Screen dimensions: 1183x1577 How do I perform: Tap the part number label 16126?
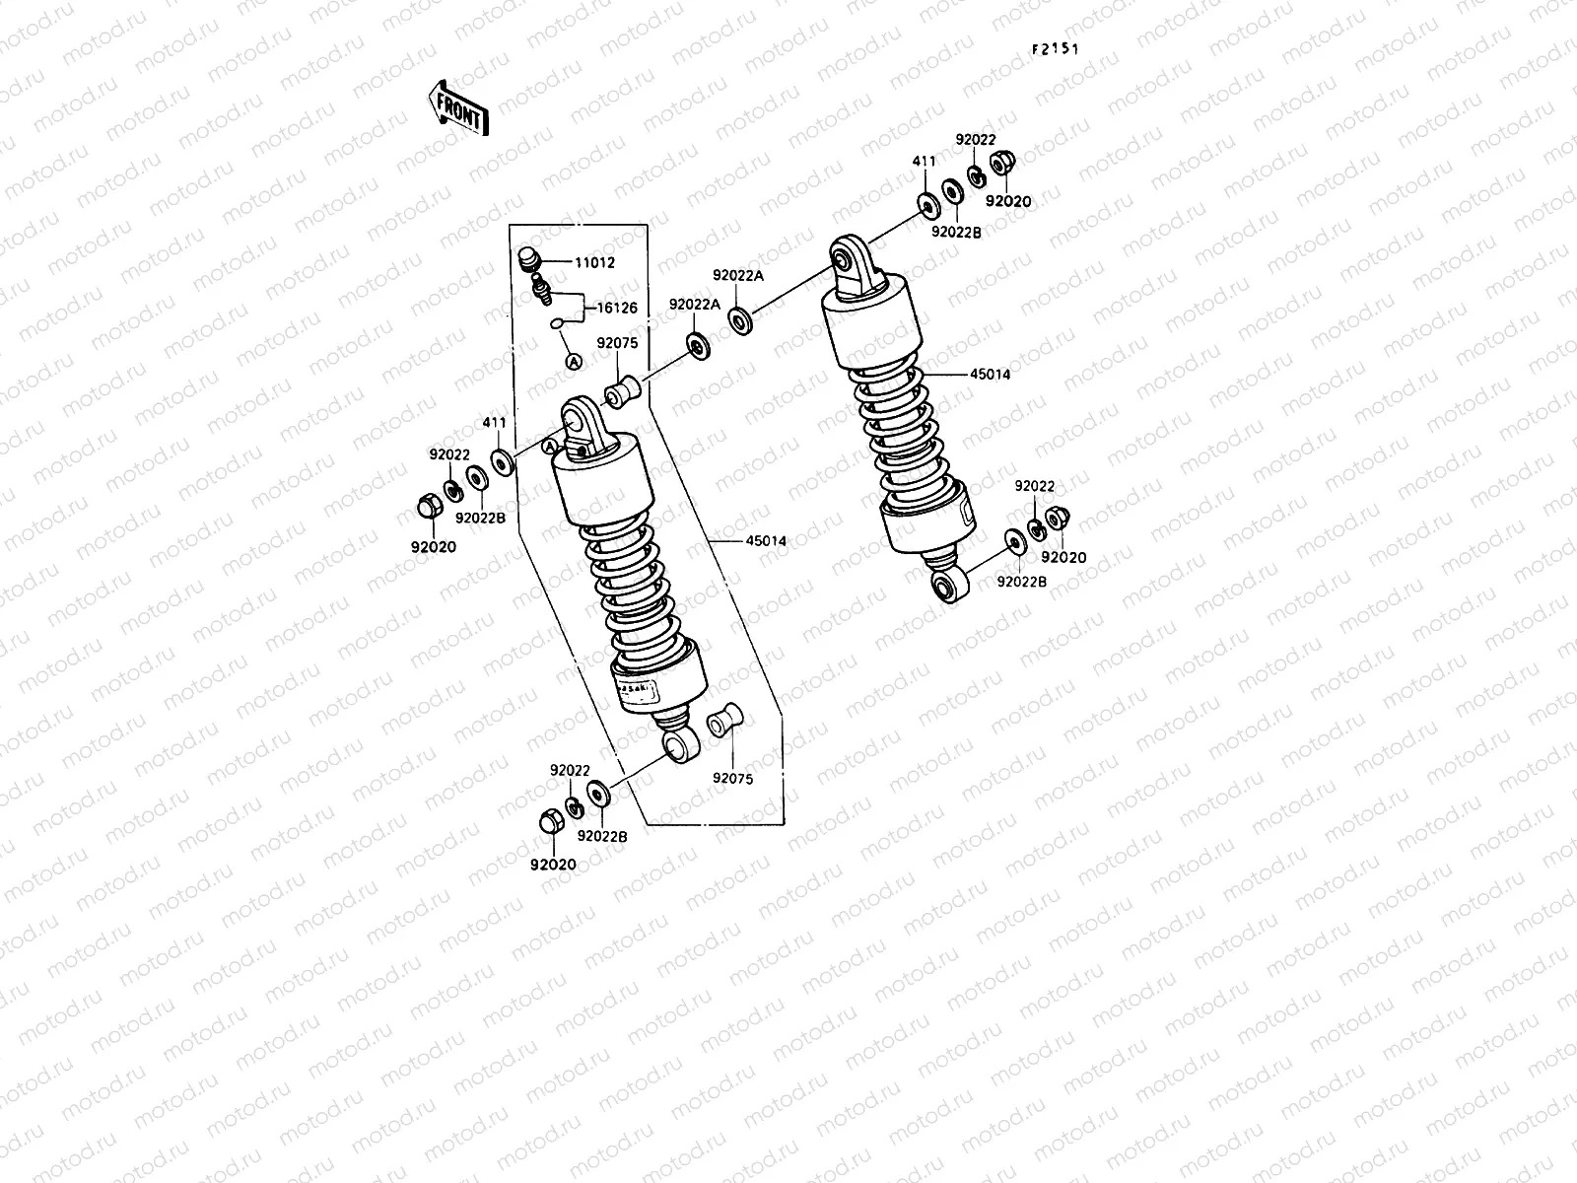pos(617,309)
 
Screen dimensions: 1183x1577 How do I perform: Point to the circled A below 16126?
pos(572,362)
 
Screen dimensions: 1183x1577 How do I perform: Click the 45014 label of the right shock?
pos(990,375)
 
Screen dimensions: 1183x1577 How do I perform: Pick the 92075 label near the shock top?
pos(617,344)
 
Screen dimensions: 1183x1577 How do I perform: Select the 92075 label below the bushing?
pos(732,778)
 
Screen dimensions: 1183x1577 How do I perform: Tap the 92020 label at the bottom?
pos(553,865)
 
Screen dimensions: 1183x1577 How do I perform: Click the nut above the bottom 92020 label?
pos(551,820)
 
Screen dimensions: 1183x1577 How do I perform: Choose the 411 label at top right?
pos(924,160)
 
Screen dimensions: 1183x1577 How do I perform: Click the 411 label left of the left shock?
pos(494,424)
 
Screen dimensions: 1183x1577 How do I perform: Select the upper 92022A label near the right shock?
pos(738,276)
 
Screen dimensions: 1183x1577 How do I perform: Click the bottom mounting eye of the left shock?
pos(678,746)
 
